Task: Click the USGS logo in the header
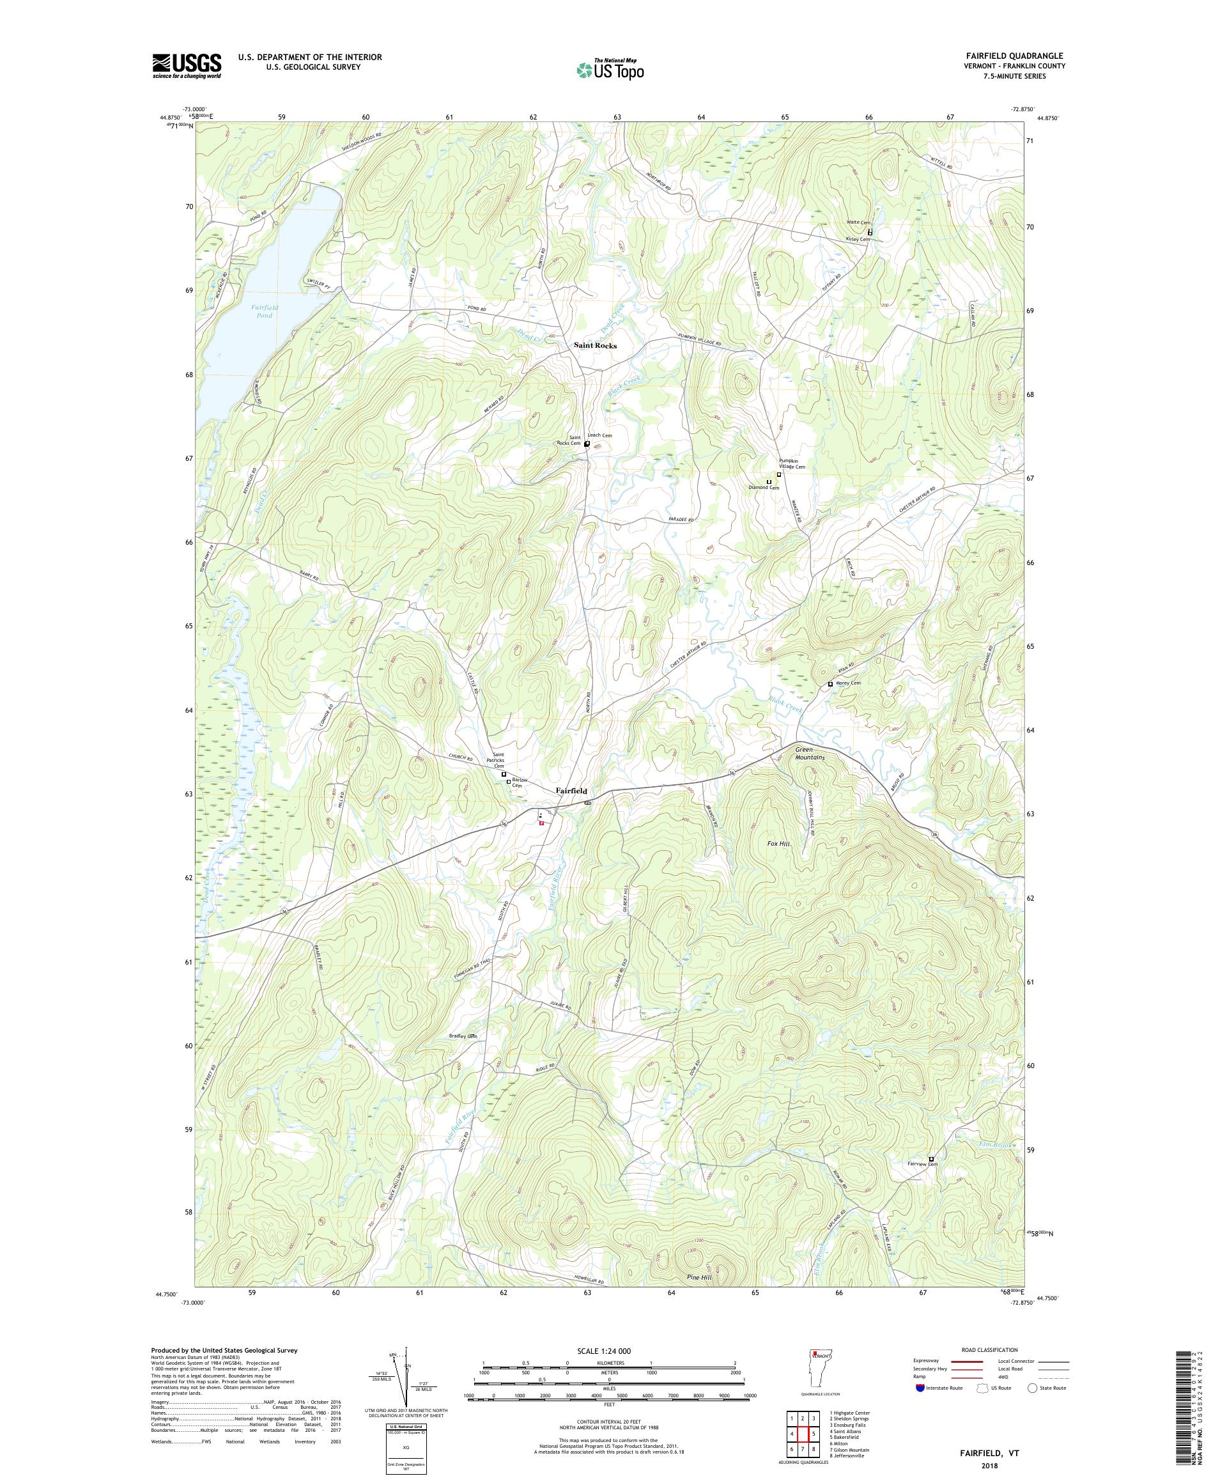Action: click(187, 66)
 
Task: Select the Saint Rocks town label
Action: click(595, 345)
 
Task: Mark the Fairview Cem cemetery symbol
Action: click(931, 1159)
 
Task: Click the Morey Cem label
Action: click(849, 683)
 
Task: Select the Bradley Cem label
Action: click(463, 1036)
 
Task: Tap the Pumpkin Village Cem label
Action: click(791, 463)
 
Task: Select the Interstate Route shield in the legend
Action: click(919, 1388)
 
